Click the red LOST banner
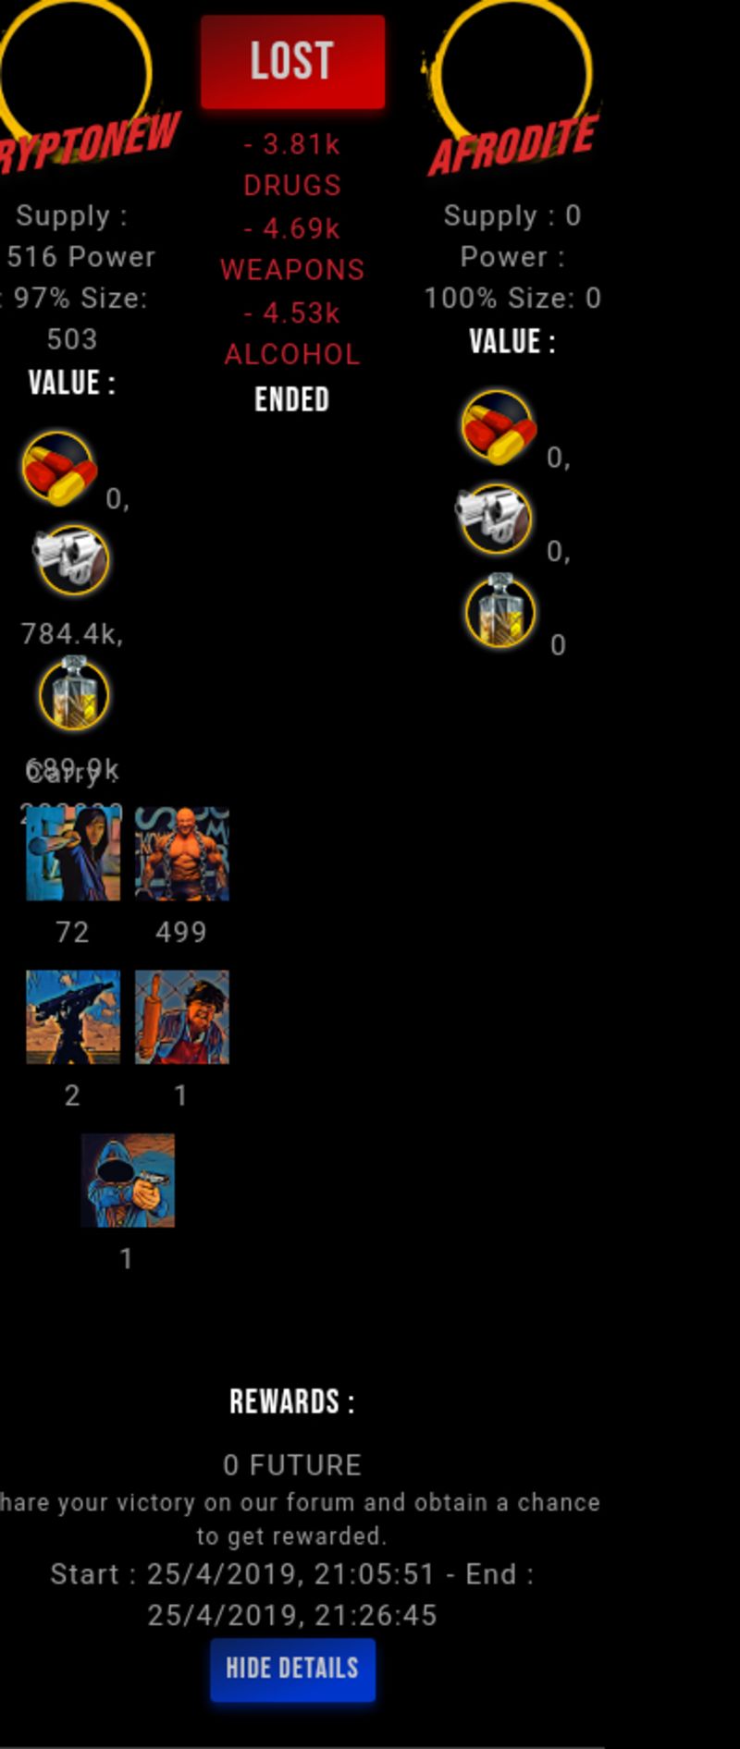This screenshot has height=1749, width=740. click(292, 62)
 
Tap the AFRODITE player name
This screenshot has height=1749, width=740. click(513, 146)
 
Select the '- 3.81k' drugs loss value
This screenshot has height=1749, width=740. click(292, 144)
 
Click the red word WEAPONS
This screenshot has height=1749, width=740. click(292, 270)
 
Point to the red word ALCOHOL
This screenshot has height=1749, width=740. click(292, 354)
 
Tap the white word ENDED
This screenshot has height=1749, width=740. click(292, 399)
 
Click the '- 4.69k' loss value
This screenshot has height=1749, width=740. click(292, 228)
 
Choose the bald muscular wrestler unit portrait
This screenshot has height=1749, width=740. click(182, 853)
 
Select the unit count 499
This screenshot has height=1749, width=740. click(181, 932)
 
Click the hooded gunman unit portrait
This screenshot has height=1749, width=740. click(128, 1180)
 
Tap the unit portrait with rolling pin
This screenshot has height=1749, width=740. click(182, 1017)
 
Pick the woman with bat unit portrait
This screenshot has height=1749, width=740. click(73, 853)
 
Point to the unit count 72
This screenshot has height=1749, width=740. click(72, 932)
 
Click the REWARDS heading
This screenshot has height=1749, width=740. click(292, 1401)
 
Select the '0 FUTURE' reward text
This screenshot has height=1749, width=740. click(292, 1465)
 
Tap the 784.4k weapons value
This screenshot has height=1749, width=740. click(72, 634)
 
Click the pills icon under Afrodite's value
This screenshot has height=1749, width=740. click(498, 426)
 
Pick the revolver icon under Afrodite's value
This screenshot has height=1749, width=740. click(494, 519)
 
